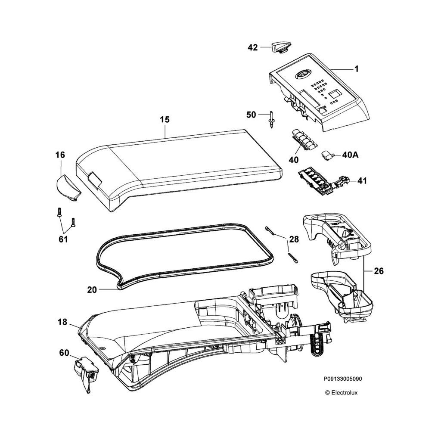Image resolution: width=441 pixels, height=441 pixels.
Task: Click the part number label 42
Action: [x=253, y=48]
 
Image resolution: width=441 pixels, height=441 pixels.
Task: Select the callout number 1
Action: [x=357, y=68]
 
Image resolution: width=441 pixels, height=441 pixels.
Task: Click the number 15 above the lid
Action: [x=165, y=119]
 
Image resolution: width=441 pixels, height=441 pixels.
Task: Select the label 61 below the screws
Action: [x=63, y=239]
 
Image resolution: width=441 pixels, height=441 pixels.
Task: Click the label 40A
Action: [x=350, y=155]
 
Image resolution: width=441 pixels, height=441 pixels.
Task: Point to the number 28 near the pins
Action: [x=294, y=239]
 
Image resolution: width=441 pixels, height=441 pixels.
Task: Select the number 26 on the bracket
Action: [x=379, y=271]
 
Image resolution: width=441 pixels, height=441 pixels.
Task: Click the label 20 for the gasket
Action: [x=92, y=290]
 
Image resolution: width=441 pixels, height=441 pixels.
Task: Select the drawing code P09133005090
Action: [x=343, y=379]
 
